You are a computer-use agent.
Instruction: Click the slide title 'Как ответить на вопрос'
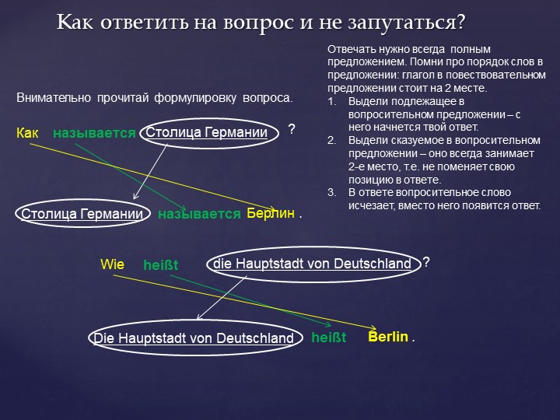261,23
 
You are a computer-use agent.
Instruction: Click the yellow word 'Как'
27,134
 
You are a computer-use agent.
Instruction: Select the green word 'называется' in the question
94,134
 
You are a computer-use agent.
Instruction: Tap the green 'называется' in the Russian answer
199,214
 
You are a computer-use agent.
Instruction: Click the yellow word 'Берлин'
271,213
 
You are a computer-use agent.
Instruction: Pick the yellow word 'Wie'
112,264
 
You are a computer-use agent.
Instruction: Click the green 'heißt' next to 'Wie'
160,265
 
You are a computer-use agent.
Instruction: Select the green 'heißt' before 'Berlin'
328,338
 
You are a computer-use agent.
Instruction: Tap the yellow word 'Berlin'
388,337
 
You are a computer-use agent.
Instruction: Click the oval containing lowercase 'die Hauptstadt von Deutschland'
312,264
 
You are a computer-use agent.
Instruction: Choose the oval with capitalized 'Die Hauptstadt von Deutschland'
194,338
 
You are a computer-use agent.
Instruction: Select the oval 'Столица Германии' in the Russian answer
82,214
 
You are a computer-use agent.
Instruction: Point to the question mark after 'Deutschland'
426,262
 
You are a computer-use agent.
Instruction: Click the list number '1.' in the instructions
332,101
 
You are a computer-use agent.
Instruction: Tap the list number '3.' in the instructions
332,192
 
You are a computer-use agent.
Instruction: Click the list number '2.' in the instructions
332,140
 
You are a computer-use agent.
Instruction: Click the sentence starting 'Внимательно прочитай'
154,99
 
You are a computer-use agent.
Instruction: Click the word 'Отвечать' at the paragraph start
349,48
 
